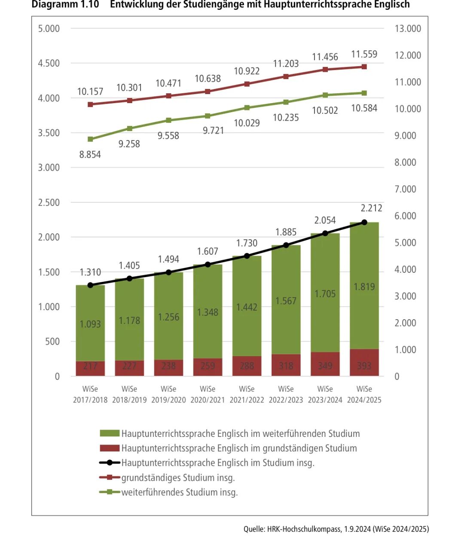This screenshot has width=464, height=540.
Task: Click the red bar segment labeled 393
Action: [x=364, y=363]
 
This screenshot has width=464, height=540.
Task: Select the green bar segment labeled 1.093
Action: [x=90, y=324]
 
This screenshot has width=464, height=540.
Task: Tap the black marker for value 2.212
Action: [x=364, y=223]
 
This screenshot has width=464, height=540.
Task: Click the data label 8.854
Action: [x=90, y=155]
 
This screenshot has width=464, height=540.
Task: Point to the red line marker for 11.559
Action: [x=364, y=67]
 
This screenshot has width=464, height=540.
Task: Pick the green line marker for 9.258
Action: [x=129, y=128]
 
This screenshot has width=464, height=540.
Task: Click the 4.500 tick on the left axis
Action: [x=49, y=63]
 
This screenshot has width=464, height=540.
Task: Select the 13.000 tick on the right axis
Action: [x=408, y=28]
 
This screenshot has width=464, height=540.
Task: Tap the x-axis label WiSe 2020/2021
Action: [x=208, y=394]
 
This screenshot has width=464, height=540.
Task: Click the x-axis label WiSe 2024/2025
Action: [x=364, y=394]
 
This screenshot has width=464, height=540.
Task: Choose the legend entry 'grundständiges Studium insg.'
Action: [x=178, y=478]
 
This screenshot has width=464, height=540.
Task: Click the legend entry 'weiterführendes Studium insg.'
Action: [x=180, y=492]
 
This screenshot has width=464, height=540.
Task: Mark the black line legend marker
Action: [x=110, y=463]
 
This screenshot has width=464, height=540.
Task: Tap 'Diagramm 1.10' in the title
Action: [x=65, y=5]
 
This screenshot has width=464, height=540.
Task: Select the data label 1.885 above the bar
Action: [x=286, y=232]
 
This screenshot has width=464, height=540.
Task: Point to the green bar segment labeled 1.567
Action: [x=286, y=301]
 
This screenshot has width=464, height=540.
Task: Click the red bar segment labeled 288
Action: [x=247, y=366]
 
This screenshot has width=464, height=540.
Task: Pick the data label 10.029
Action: [x=247, y=123]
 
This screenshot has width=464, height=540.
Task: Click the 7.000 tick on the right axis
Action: [x=405, y=189]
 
